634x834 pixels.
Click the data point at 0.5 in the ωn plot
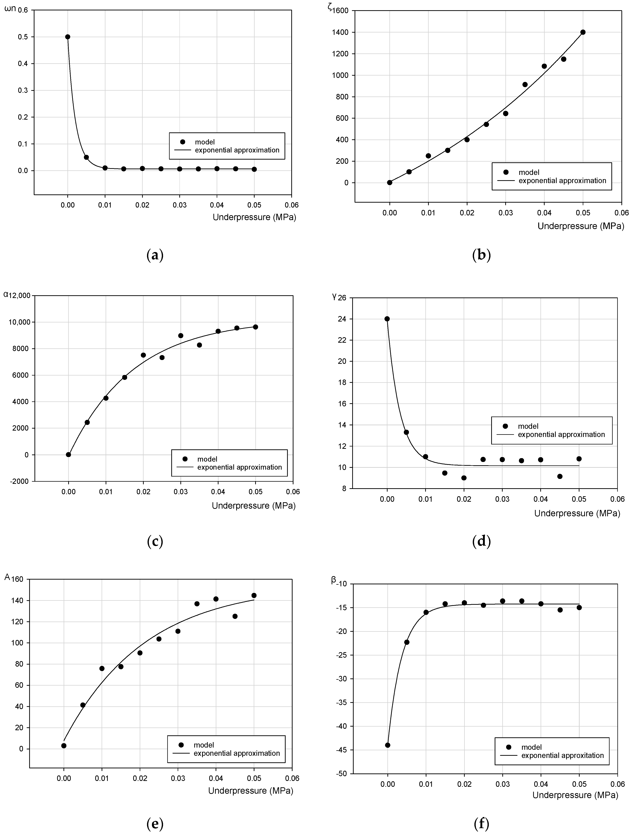coord(67,37)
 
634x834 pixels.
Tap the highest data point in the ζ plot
coord(583,32)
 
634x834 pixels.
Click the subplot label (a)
coord(155,256)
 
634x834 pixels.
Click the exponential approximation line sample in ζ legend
coord(506,180)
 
